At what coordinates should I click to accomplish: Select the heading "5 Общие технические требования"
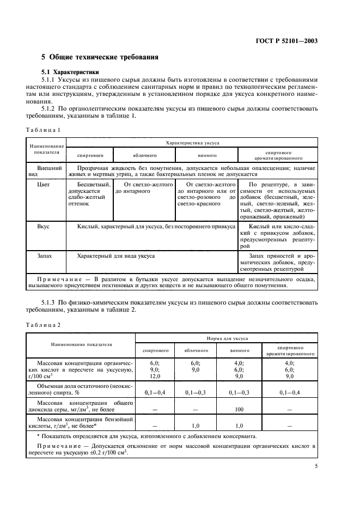tap(100, 57)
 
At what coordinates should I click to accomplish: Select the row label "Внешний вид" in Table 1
tap(46, 171)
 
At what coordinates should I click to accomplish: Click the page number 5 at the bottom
tap(316, 466)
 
